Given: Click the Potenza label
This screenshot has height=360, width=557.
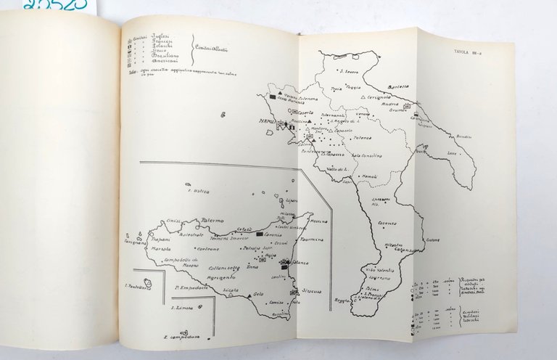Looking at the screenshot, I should pyautogui.click(x=362, y=136).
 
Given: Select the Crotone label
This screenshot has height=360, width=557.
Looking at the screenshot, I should pyautogui.click(x=433, y=239).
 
